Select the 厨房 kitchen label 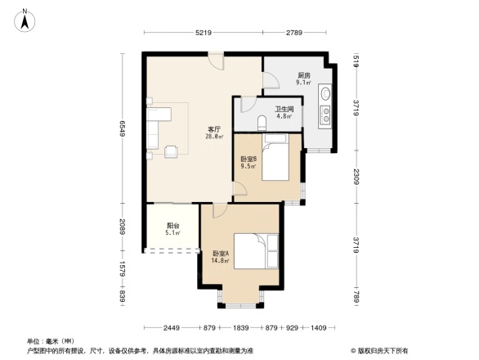pyautogui.click(x=303, y=74)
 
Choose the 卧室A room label pyautogui.click(x=220, y=253)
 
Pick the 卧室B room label pyautogui.click(x=248, y=159)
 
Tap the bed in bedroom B pyautogui.click(x=276, y=158)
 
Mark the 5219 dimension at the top pyautogui.click(x=204, y=32)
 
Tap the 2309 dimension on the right pyautogui.click(x=357, y=175)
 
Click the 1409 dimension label pyautogui.click(x=317, y=328)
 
